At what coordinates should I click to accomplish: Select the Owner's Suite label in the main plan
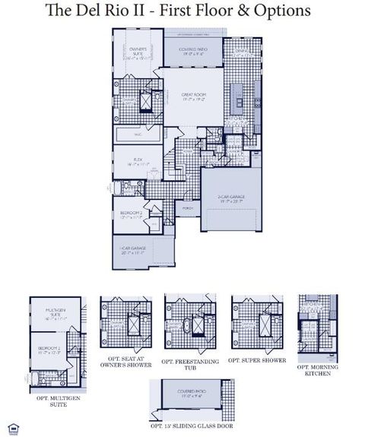(138, 52)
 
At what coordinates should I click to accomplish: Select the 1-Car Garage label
(132, 252)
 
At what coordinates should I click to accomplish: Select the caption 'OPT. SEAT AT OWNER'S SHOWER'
(125, 363)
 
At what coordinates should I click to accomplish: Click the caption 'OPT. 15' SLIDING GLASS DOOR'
(192, 427)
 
